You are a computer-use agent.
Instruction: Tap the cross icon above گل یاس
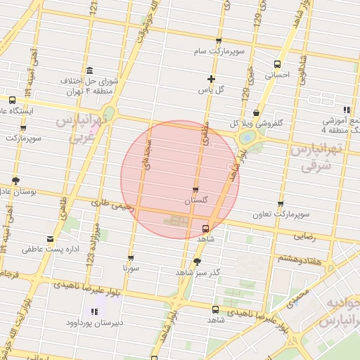click(211, 79)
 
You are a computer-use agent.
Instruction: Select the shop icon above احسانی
click(277, 64)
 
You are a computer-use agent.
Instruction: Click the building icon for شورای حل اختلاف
click(89, 70)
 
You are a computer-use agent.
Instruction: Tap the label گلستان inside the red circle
click(197, 201)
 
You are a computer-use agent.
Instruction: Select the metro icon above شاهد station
click(205, 229)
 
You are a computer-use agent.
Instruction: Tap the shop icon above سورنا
click(131, 258)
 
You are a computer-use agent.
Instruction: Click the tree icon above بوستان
click(16, 181)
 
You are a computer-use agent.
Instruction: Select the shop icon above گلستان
click(195, 190)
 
